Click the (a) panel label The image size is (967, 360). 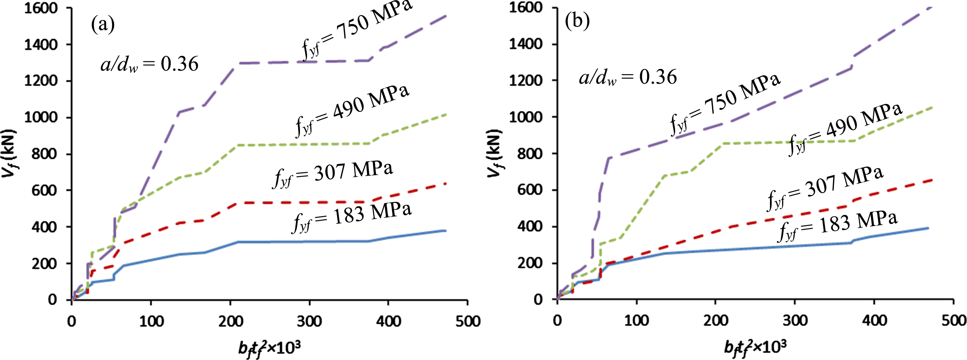103,25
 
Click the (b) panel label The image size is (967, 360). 577,21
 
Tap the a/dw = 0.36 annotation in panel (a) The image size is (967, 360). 149,64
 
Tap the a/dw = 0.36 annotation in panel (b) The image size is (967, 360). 628,77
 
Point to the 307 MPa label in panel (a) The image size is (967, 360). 332,174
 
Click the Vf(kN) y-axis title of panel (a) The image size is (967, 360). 8,154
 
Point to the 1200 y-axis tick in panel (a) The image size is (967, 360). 41,81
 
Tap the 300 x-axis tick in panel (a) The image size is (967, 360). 309,321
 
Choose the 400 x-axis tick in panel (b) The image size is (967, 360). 874,320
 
